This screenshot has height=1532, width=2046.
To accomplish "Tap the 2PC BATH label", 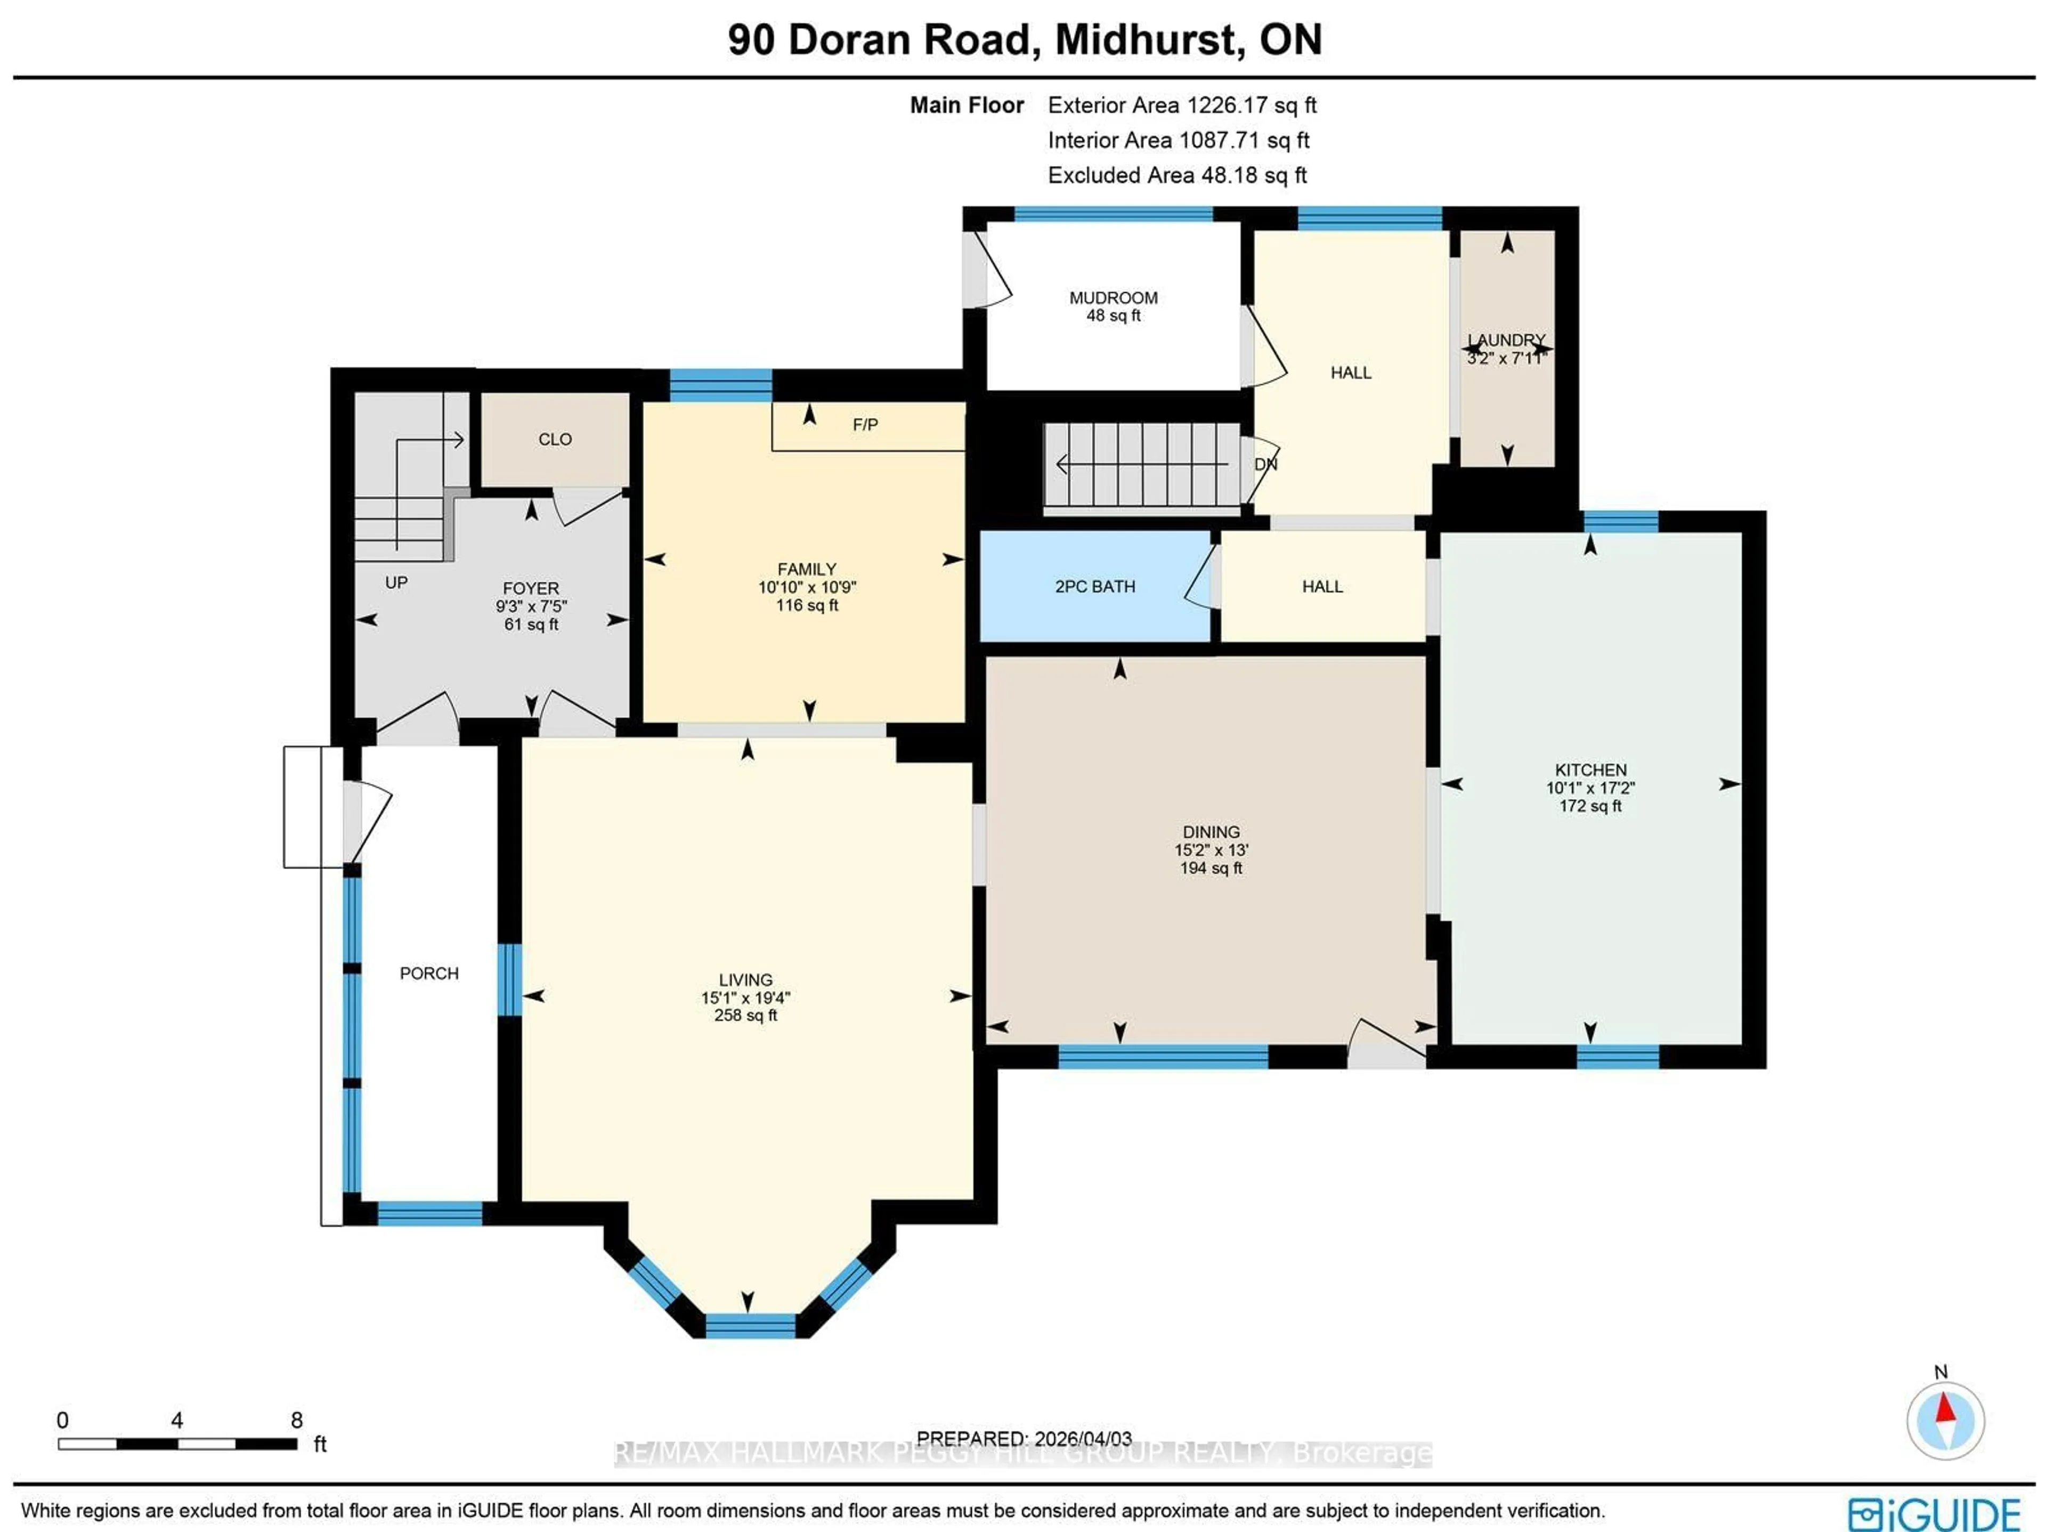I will coord(1094,587).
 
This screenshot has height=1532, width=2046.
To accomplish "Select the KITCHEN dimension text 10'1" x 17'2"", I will coord(1590,788).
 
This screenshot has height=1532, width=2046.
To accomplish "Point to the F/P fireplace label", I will coord(865,425).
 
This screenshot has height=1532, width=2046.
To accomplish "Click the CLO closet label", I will coord(555,440).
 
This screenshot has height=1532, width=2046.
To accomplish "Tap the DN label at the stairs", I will coord(1265,465).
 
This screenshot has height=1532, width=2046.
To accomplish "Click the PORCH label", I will coord(429,973).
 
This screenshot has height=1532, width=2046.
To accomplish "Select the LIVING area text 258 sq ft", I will coord(745,1015).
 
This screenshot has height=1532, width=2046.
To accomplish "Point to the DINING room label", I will coord(1211,832).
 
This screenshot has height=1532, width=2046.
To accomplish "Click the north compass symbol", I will coord(1945,1420).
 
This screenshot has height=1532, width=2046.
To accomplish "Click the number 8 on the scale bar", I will coord(296,1420).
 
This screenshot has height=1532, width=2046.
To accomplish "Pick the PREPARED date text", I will coord(1024,1439).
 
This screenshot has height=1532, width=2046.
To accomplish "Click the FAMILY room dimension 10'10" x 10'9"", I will coord(807,587).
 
